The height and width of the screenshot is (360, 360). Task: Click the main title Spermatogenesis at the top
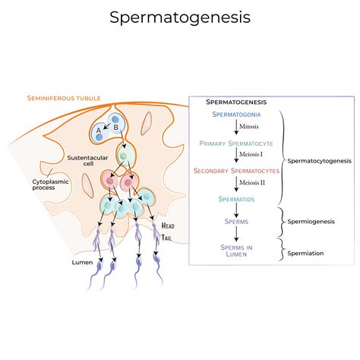pos(180,16)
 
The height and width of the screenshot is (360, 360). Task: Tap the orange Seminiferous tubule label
pos(63,98)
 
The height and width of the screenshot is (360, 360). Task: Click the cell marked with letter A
pos(99,130)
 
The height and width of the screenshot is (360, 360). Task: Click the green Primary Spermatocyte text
pos(237,143)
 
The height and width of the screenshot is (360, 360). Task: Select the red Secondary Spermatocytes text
pos(236,171)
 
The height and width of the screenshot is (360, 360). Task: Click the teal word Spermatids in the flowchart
pos(237,198)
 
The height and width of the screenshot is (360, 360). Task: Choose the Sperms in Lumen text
pos(237,251)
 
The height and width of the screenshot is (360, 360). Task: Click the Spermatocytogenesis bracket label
pos(318,160)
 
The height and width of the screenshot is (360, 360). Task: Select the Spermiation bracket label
pos(307,252)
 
